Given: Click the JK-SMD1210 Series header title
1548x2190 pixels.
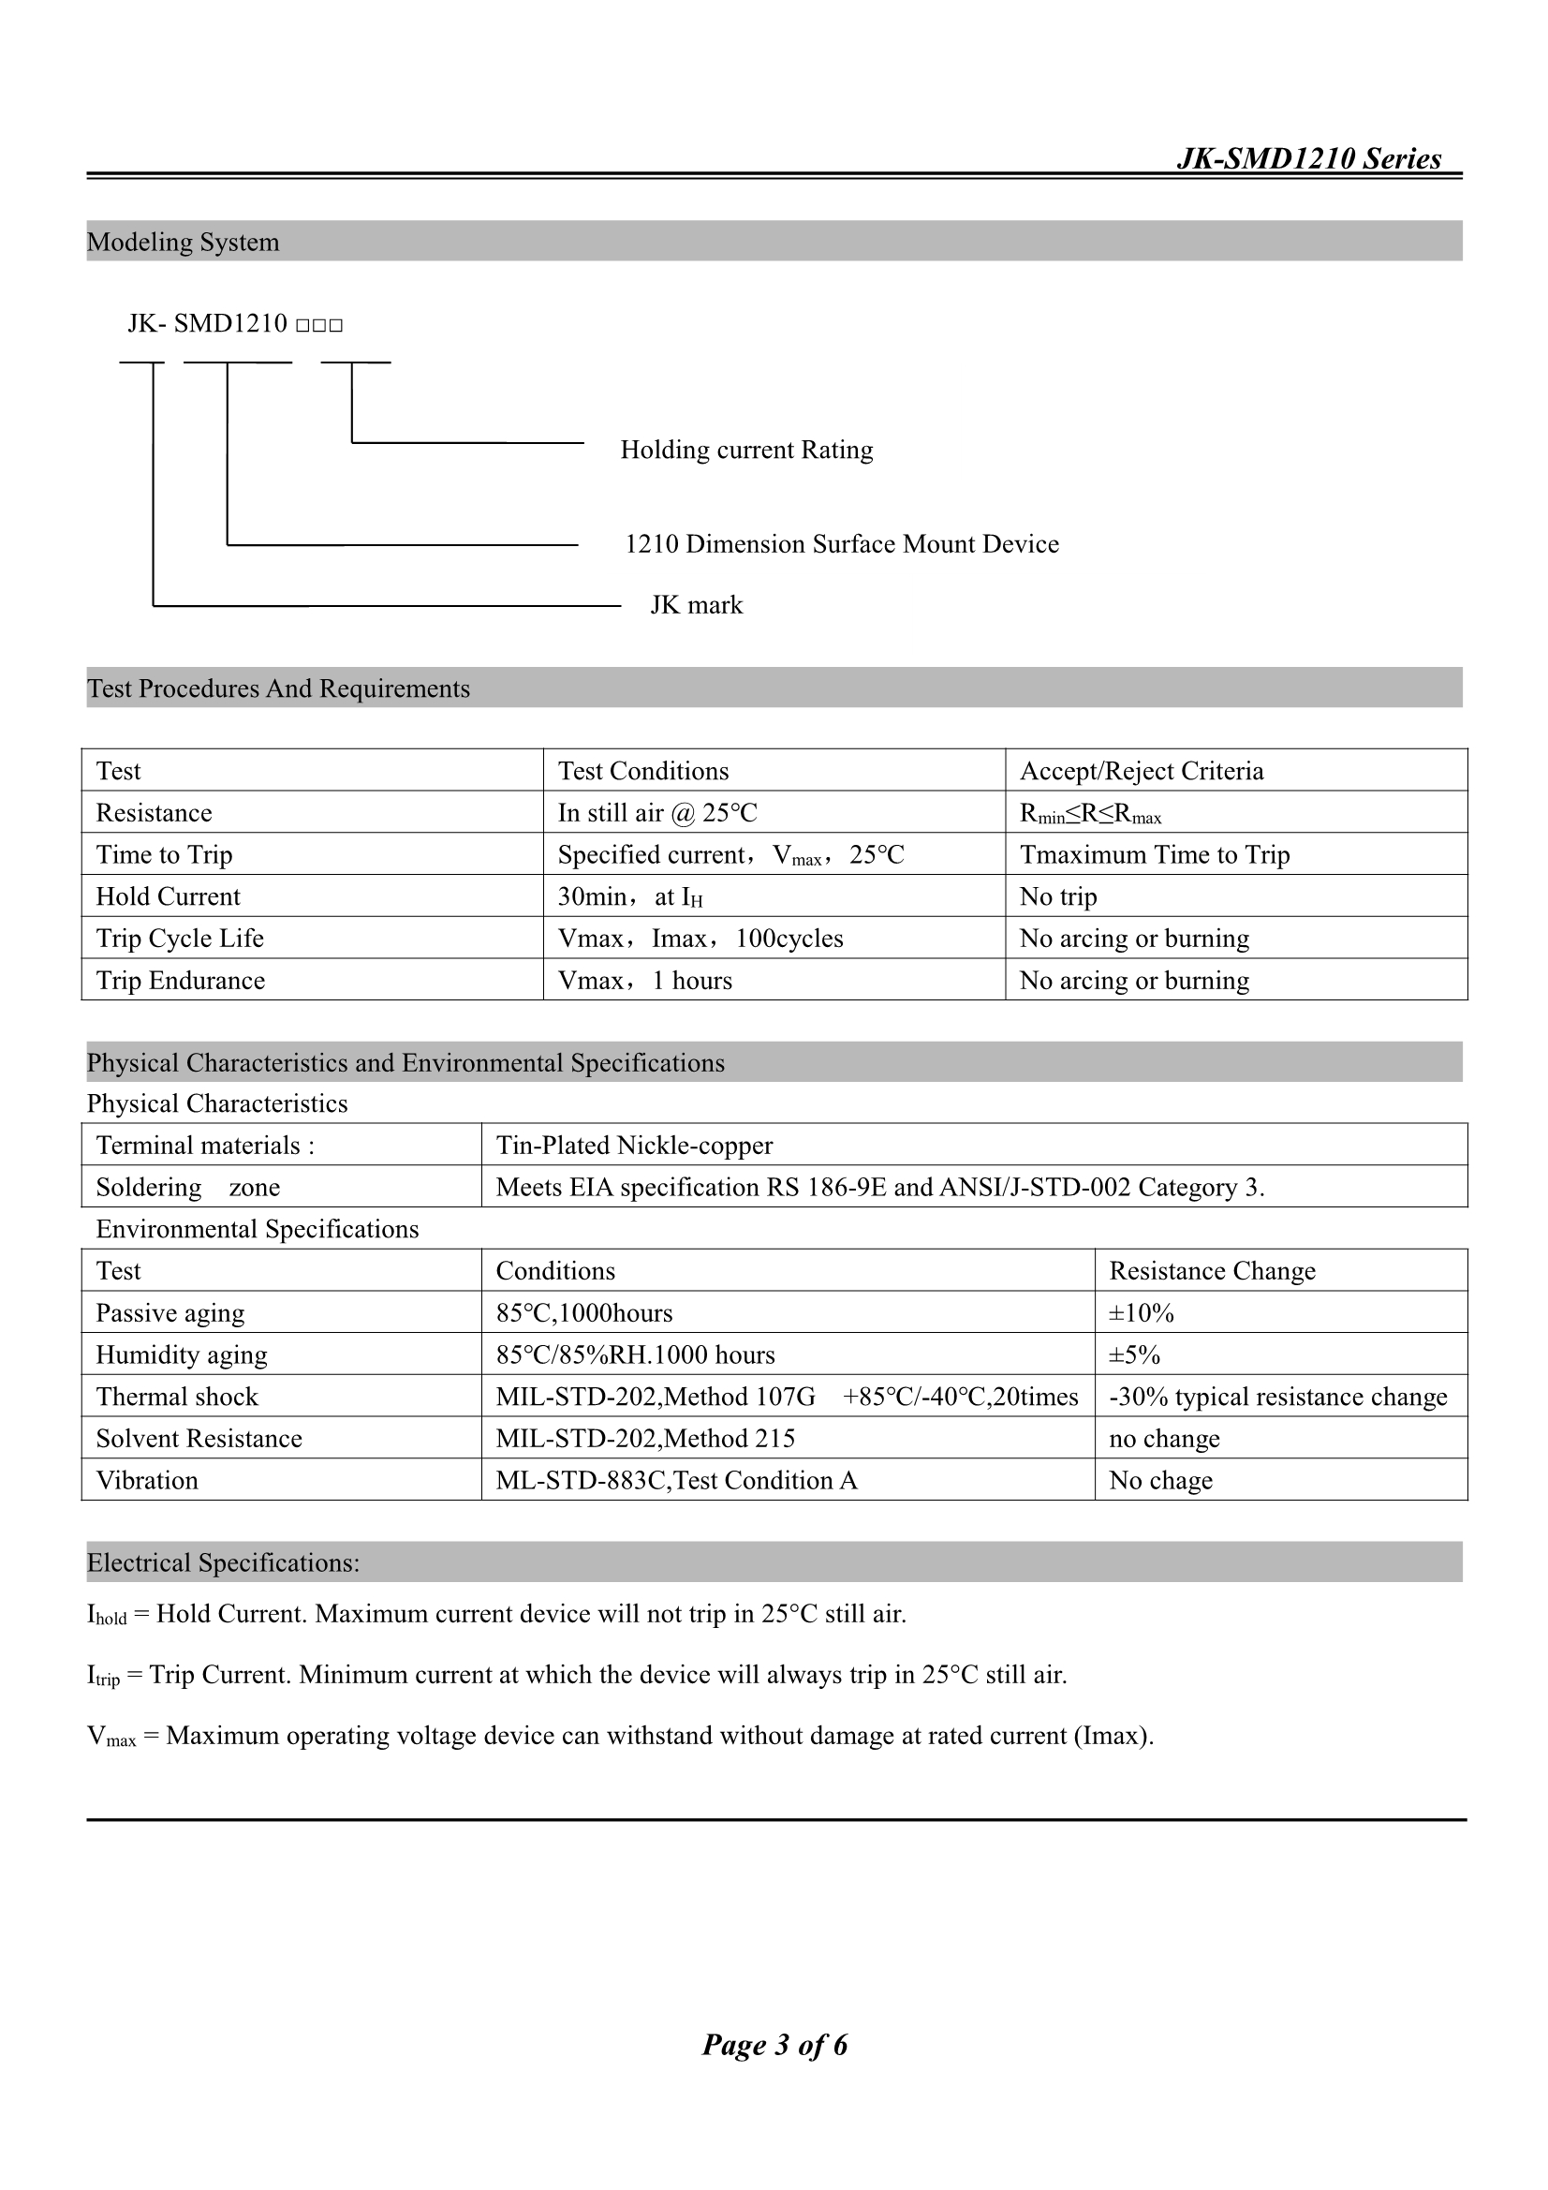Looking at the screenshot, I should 1308,158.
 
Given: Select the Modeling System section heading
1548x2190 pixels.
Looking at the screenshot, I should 184,243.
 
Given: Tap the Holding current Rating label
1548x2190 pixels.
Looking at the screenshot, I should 745,450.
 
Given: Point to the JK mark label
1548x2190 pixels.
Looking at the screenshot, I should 696,605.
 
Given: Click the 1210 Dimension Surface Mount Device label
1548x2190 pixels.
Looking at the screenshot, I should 841,543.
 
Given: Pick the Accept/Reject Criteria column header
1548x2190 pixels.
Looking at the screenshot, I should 1141,771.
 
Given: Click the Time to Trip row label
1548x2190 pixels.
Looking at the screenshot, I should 164,854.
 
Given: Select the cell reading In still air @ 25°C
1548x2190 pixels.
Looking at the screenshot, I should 657,813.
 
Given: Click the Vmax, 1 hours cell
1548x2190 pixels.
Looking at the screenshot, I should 644,981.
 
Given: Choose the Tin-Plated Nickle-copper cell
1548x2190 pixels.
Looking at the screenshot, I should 634,1145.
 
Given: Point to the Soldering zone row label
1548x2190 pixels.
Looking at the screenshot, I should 188,1187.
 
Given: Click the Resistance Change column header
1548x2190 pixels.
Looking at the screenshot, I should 1211,1270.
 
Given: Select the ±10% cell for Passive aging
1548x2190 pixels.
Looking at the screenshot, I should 1141,1312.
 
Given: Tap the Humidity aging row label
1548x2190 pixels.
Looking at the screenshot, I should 182,1354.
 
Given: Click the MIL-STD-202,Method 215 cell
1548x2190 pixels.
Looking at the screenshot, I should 644,1439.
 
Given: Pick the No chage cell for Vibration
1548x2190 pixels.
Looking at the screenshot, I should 1159,1480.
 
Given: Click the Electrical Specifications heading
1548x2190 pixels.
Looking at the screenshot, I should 223,1562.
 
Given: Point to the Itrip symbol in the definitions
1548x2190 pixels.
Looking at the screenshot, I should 103,1676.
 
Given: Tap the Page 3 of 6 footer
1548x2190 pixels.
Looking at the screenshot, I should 774,2044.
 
